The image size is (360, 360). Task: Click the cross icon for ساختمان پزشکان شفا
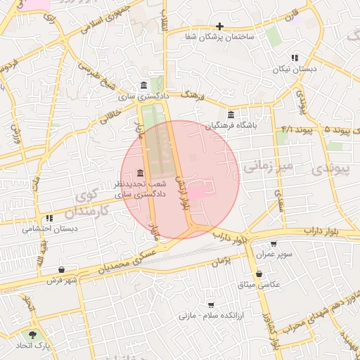click(220, 26)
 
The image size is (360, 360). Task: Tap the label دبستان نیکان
click(296, 70)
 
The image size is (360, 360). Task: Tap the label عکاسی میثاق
click(259, 284)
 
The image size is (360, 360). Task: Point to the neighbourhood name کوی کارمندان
click(92, 202)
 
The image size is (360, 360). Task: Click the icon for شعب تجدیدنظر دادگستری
click(141, 174)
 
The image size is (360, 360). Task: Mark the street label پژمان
click(220, 260)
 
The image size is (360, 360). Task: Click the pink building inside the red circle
click(199, 191)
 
